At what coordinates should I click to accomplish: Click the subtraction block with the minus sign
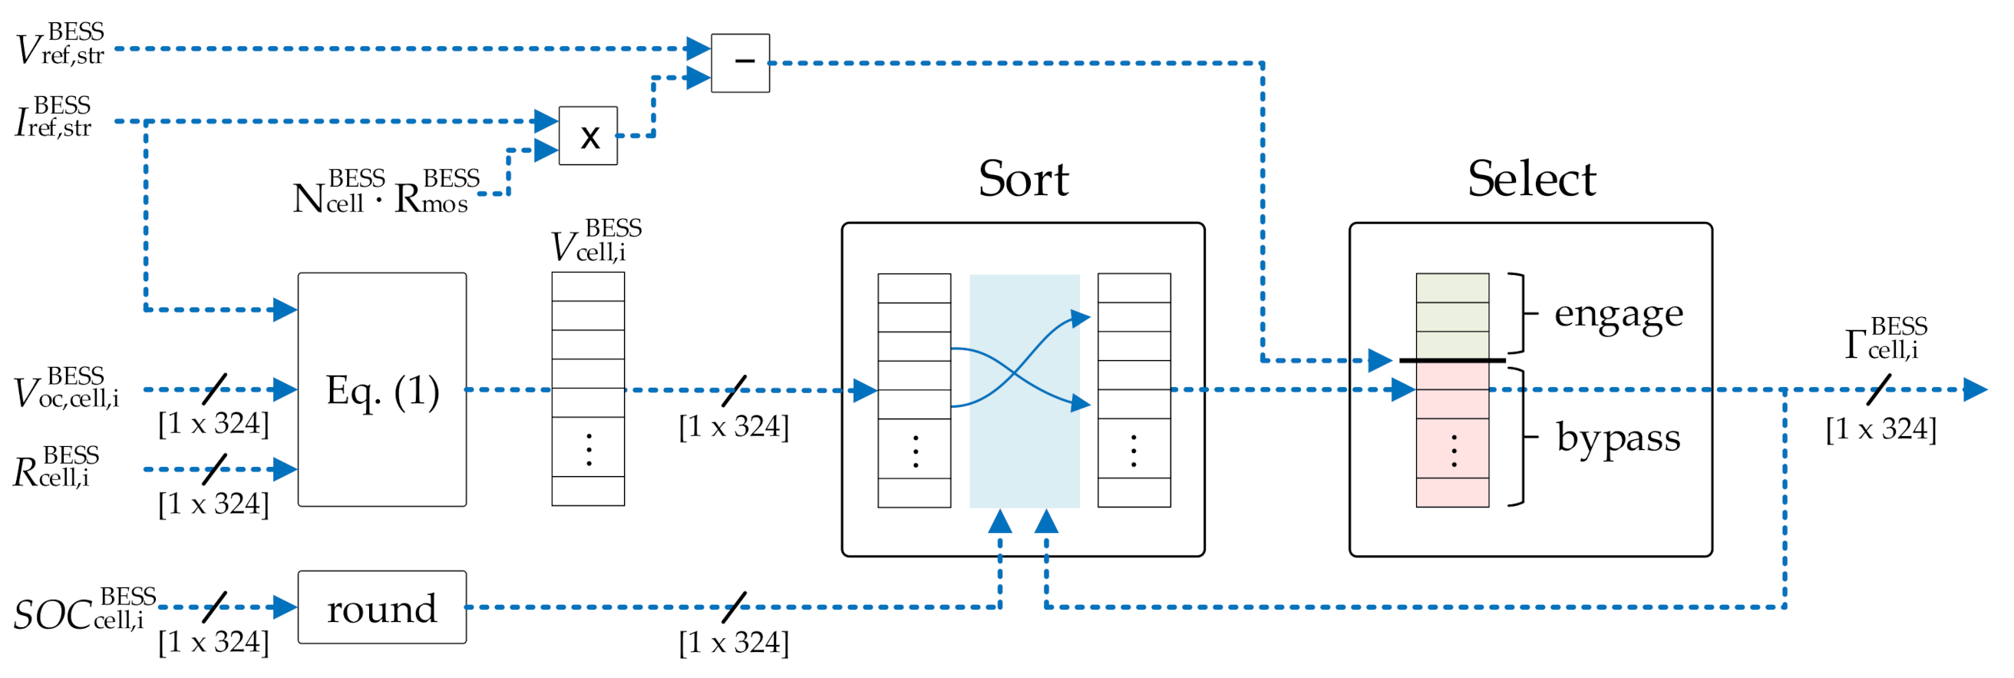[740, 62]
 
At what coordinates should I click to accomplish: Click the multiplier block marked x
[588, 136]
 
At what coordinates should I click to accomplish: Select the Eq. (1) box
[381, 389]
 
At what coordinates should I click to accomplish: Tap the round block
[381, 607]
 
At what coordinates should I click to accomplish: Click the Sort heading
[1022, 179]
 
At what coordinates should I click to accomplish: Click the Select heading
[1530, 179]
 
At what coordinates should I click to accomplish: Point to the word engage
[1618, 314]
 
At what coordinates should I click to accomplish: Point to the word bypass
[1618, 437]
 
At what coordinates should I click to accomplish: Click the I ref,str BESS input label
[53, 118]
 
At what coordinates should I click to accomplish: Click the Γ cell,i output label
[1885, 339]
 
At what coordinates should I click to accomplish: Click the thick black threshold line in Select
[1452, 361]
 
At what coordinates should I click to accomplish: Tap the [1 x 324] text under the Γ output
[1880, 428]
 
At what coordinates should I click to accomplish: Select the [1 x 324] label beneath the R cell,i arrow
[213, 504]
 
